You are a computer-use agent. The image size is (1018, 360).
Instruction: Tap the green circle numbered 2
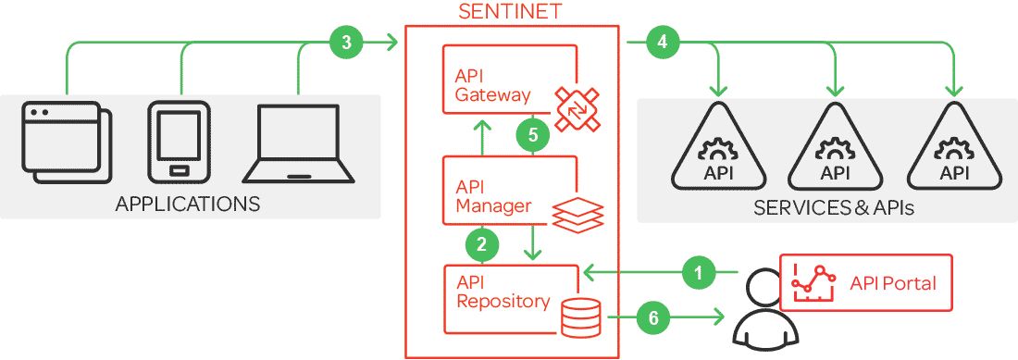(481, 244)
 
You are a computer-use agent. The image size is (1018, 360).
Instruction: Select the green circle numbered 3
(345, 42)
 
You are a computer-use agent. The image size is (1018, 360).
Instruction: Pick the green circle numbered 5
(532, 135)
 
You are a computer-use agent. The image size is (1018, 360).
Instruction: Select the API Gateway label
(493, 85)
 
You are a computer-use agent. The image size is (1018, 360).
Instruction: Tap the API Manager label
(493, 196)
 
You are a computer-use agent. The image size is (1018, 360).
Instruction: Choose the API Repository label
(503, 292)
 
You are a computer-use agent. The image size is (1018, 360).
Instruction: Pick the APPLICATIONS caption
(188, 203)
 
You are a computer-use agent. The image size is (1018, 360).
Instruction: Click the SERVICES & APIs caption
(833, 208)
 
